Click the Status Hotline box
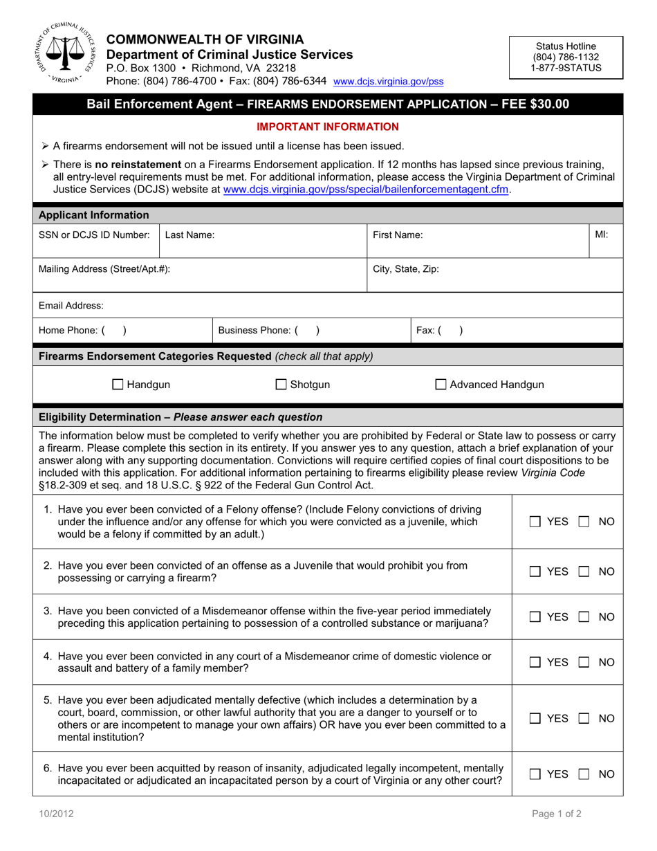(566, 57)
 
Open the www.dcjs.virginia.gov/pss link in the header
(388, 82)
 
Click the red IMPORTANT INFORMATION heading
(328, 127)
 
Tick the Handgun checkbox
(118, 385)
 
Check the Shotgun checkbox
(281, 385)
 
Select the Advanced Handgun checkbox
(441, 385)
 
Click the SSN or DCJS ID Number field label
(94, 235)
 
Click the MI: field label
(601, 235)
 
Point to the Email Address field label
(71, 305)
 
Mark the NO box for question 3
(586, 616)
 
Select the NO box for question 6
(586, 774)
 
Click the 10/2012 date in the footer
(57, 814)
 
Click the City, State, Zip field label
(405, 270)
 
